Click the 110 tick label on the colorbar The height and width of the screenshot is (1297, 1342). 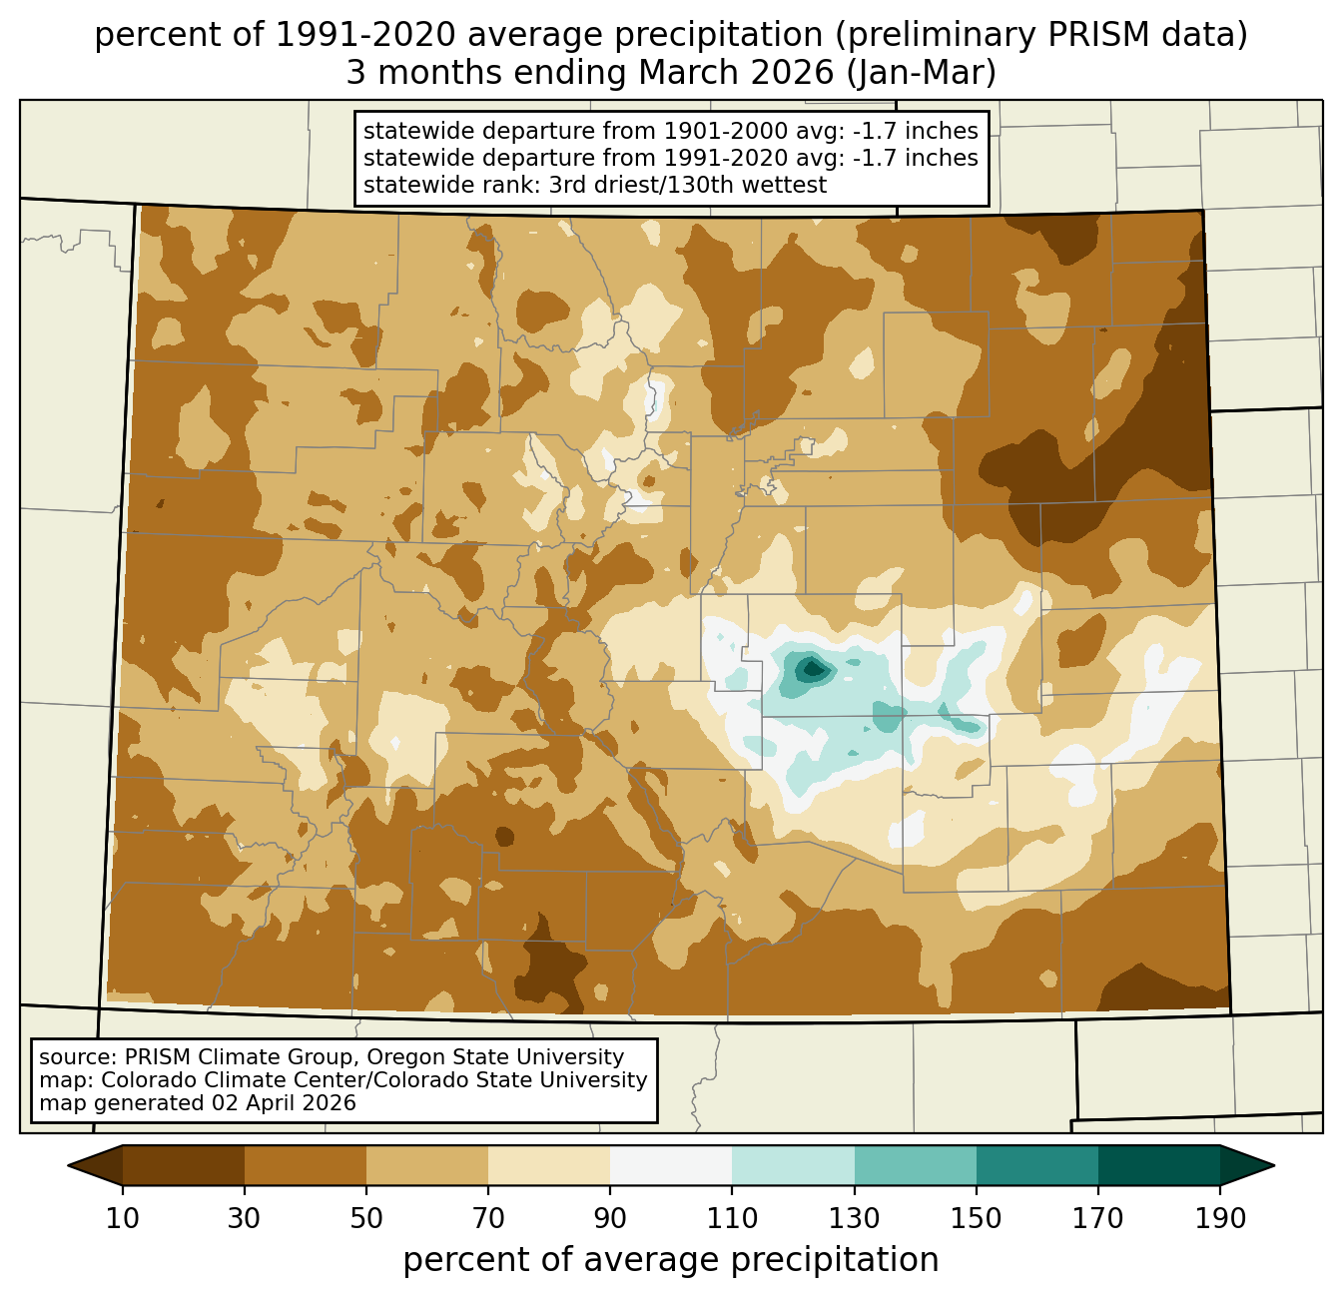(x=732, y=1219)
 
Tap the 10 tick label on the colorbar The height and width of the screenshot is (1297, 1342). (x=123, y=1219)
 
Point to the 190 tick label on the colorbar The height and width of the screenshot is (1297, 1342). (x=1220, y=1219)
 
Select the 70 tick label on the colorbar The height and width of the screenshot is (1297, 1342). (x=488, y=1219)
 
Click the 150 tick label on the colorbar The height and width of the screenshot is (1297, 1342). (x=977, y=1219)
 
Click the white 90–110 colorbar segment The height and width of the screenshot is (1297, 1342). (x=671, y=1165)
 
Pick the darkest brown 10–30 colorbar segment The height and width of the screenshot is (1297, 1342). (x=184, y=1165)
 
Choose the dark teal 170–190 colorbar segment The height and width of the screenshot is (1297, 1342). (x=1158, y=1165)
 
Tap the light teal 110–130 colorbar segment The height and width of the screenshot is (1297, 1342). (x=793, y=1165)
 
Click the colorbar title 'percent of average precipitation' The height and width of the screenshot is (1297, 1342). (x=671, y=1260)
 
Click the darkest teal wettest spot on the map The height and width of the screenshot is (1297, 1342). (x=813, y=668)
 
